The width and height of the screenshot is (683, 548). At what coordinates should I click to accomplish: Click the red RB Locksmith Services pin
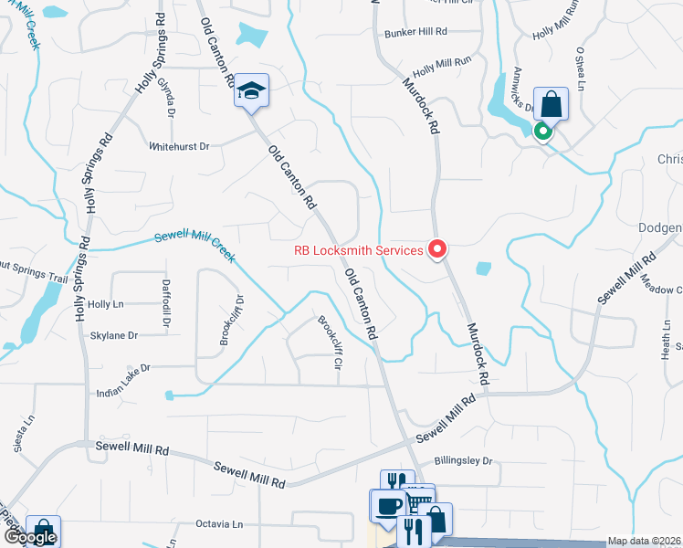pos(437,248)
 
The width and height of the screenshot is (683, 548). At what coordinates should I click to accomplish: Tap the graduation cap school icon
pos(251,91)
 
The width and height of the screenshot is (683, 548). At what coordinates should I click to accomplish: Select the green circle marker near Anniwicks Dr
pos(543,132)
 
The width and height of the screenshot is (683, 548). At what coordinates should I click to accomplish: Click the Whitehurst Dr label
pos(179,146)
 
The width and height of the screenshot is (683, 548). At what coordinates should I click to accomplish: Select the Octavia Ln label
pos(220,524)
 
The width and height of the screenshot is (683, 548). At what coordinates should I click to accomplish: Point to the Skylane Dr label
pos(113,336)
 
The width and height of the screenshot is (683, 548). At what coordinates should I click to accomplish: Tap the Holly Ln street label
pos(106,304)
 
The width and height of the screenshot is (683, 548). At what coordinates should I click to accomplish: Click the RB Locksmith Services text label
pos(358,250)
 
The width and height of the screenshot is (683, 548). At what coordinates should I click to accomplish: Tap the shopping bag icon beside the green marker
pos(552,103)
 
